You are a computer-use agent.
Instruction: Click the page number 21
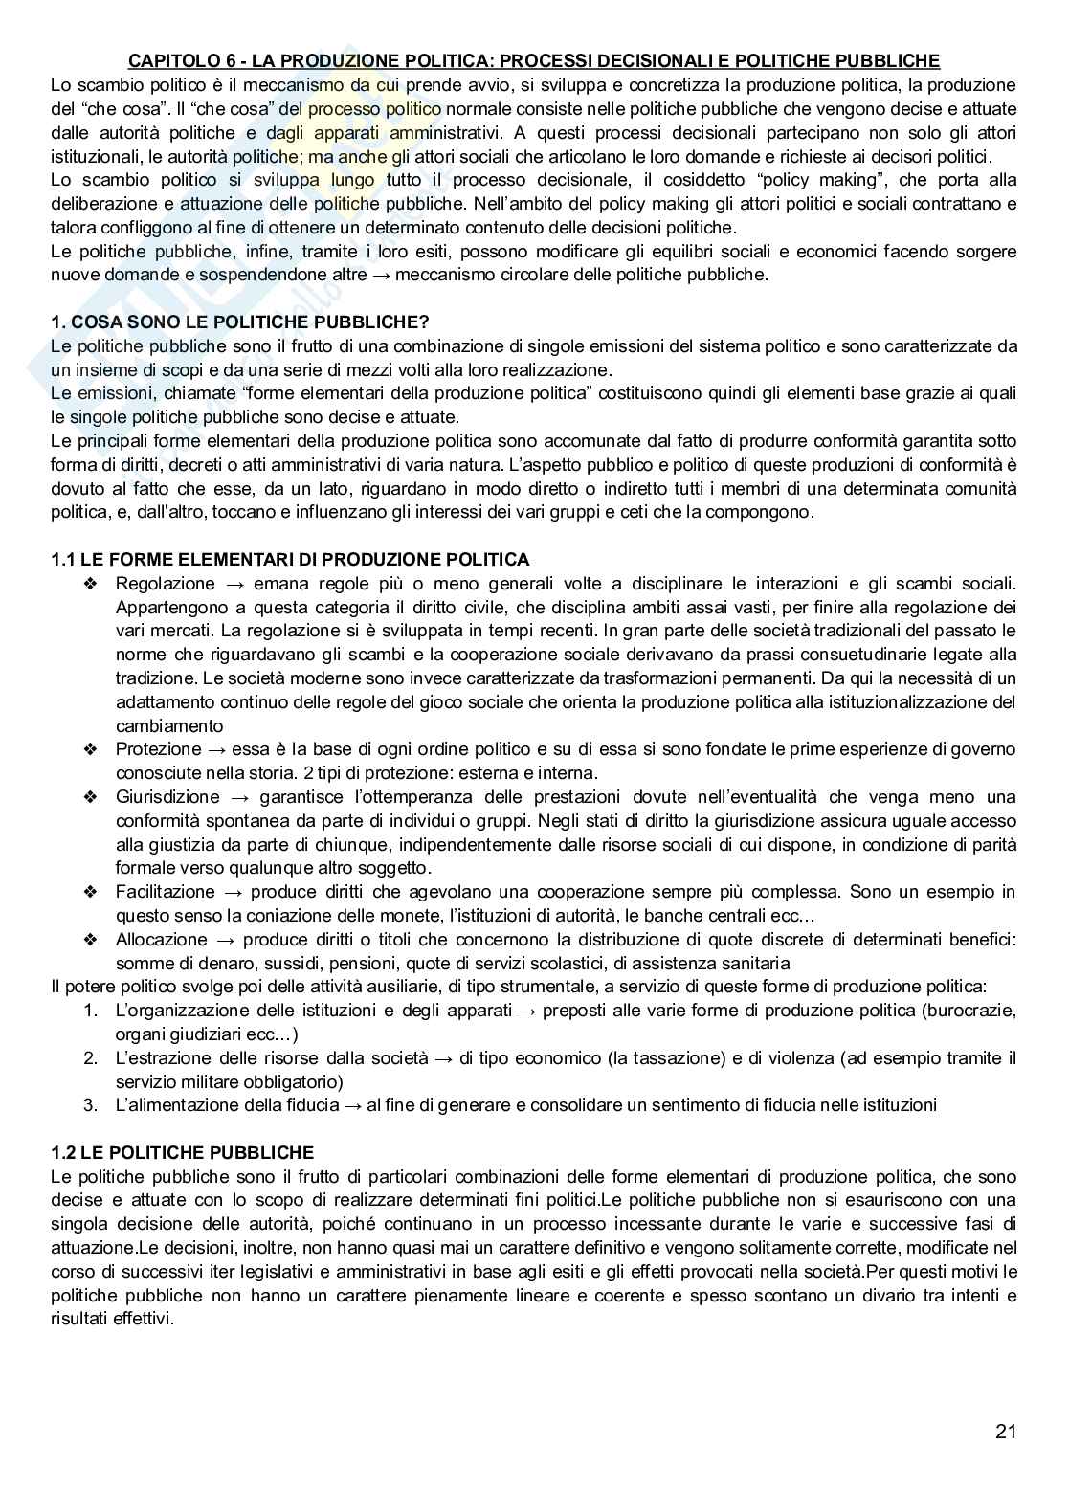1005,1432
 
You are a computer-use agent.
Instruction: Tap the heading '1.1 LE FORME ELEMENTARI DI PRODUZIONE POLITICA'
290,559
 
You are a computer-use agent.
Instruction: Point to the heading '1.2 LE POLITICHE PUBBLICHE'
182,1153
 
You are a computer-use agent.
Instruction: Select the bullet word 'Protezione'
159,749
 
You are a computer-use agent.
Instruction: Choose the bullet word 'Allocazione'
161,940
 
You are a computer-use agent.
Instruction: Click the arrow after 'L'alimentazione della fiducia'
352,1105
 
